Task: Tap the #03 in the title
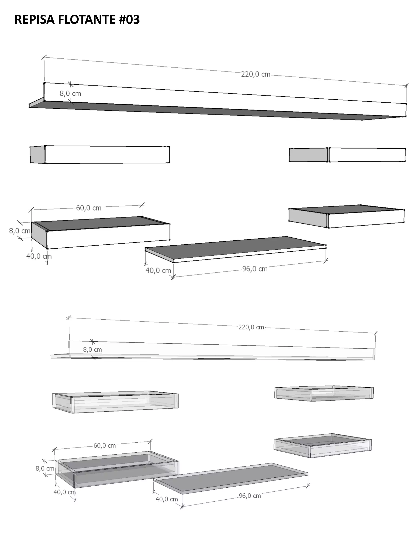tap(129, 19)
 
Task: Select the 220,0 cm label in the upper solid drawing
tap(256, 74)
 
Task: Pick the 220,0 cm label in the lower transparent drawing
tap(251, 327)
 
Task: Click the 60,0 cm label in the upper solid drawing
tap(89, 208)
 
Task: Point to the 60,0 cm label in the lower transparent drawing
tap(105, 446)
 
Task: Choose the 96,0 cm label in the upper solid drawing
tap(255, 269)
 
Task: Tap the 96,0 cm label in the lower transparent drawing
tap(250, 496)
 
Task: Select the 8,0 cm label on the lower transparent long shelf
tap(92, 350)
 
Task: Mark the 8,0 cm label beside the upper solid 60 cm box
tap(20, 231)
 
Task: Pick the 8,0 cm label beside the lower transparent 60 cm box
tap(45, 468)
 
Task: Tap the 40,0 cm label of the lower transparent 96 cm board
tap(167, 499)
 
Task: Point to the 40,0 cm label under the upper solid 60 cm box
tap(39, 256)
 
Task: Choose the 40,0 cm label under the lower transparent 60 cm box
tap(65, 492)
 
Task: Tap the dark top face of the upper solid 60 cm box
tap(101, 223)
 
